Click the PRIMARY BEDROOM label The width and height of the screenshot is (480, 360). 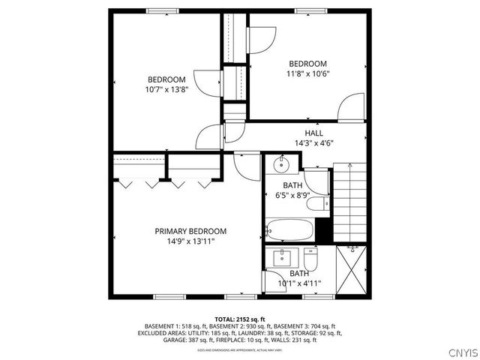[190, 231]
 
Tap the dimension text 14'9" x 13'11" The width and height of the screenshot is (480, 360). [190, 241]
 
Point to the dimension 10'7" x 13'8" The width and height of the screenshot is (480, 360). [166, 89]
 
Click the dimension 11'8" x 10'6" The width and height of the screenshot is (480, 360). [307, 73]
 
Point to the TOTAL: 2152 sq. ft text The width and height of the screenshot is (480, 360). [240, 319]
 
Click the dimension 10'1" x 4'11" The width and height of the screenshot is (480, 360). [299, 283]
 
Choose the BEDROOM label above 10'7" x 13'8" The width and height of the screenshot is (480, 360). [166, 79]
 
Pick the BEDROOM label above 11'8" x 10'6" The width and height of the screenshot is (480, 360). [307, 64]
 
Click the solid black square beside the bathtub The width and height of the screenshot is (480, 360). [323, 230]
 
